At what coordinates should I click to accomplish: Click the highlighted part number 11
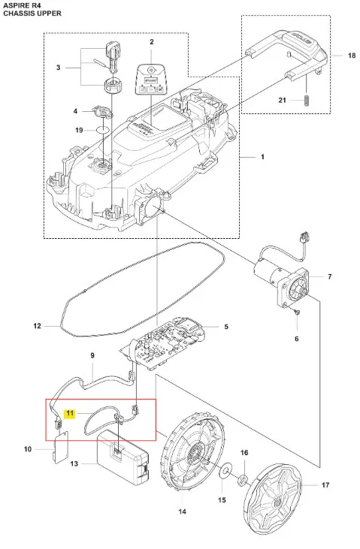[70, 414]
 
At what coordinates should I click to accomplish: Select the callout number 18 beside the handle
[352, 56]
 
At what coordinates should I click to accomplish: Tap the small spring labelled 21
[307, 101]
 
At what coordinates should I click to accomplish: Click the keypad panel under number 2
[151, 79]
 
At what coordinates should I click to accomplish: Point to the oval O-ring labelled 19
[102, 130]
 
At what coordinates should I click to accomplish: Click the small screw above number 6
[298, 311]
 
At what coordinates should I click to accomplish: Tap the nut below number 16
[242, 479]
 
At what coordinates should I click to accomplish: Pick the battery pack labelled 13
[123, 458]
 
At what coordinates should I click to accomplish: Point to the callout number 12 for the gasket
[37, 326]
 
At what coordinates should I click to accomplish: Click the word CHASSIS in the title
[16, 14]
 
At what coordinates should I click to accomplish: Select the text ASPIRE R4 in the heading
[17, 5]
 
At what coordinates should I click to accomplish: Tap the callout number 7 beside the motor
[329, 276]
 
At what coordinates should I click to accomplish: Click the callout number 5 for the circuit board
[226, 327]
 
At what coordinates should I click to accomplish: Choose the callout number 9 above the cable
[92, 356]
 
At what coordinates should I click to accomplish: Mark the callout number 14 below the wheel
[183, 511]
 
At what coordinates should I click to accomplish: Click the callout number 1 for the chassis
[262, 157]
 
